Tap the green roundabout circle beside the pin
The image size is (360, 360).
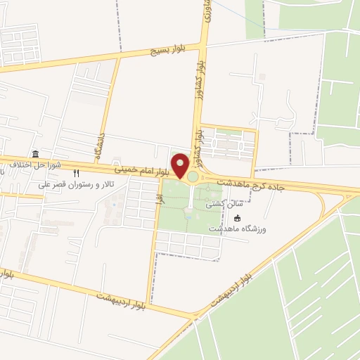coord(193,176)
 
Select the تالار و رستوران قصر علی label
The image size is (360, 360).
coord(77,186)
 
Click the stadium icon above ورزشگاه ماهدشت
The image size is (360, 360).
coord(238,218)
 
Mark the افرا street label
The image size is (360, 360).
coord(160,199)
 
